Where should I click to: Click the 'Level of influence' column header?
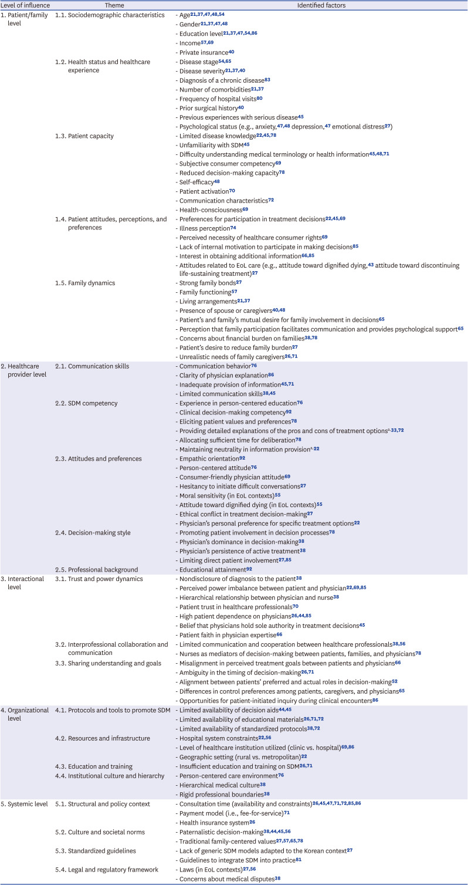click(x=26, y=5)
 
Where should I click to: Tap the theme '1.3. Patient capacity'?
click(x=88, y=136)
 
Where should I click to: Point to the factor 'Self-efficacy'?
click(x=197, y=181)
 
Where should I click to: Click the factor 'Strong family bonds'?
click(x=206, y=282)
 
